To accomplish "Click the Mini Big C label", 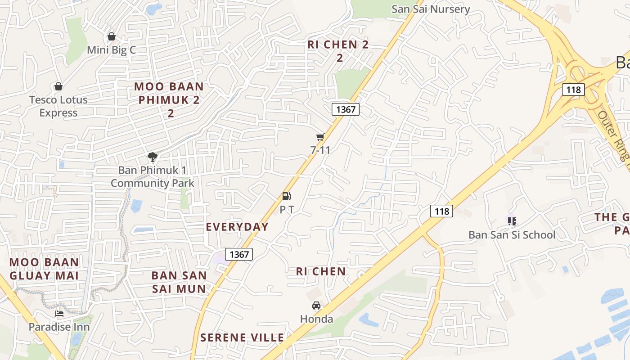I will (111, 50).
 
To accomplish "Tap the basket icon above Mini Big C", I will (112, 36).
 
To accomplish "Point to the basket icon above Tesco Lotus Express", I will (58, 86).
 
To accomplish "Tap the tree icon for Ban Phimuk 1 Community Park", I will (153, 157).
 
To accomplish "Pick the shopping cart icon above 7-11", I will (320, 137).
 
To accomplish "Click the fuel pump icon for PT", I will (287, 196).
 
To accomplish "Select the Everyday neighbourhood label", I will (237, 227).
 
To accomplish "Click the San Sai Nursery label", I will (431, 9).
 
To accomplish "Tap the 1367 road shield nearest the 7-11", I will (346, 109).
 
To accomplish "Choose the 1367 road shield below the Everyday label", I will (239, 254).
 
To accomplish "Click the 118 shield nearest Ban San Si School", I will (441, 211).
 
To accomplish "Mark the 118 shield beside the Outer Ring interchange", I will (573, 90).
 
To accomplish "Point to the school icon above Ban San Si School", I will (512, 221).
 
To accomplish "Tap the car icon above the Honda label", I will (316, 306).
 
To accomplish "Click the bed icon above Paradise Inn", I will (59, 314).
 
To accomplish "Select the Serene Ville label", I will (242, 337).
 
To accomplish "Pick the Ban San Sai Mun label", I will (179, 282).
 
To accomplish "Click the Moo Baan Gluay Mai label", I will (44, 269).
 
